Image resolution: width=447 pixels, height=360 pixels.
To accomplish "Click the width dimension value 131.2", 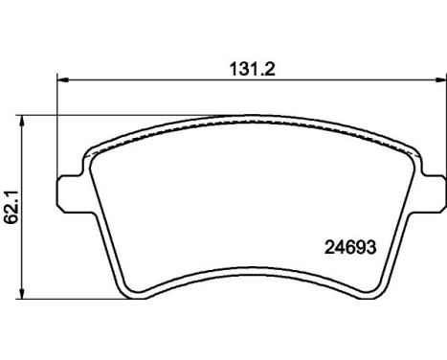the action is point(253,69).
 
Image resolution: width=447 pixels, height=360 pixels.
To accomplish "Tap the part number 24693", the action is point(350,247).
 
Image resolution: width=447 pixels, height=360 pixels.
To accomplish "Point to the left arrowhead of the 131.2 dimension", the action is point(63,80).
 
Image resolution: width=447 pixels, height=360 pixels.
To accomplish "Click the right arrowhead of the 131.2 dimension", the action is point(440,80).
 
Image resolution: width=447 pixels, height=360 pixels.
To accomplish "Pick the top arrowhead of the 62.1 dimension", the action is point(22,122).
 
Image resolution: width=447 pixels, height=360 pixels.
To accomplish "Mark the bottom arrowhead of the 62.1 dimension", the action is point(22,293).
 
